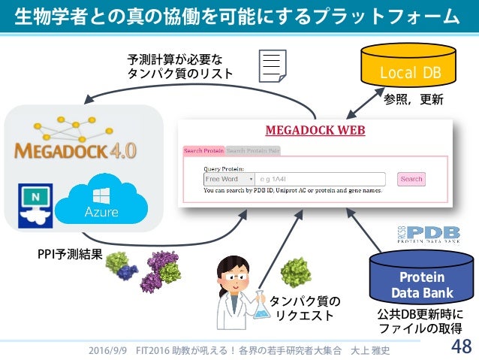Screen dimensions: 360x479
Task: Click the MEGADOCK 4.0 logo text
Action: tap(75, 150)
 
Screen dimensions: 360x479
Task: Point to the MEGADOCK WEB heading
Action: tap(315, 130)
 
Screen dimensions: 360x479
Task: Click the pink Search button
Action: tap(411, 180)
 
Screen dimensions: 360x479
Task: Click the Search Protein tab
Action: tap(203, 150)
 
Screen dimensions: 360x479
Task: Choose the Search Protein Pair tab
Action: tap(253, 150)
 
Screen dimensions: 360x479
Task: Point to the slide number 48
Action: tap(460, 346)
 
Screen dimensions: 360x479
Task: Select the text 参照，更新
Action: tap(414, 98)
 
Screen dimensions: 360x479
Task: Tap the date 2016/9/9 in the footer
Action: tap(106, 350)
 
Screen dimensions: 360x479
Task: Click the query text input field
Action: tap(320, 180)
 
